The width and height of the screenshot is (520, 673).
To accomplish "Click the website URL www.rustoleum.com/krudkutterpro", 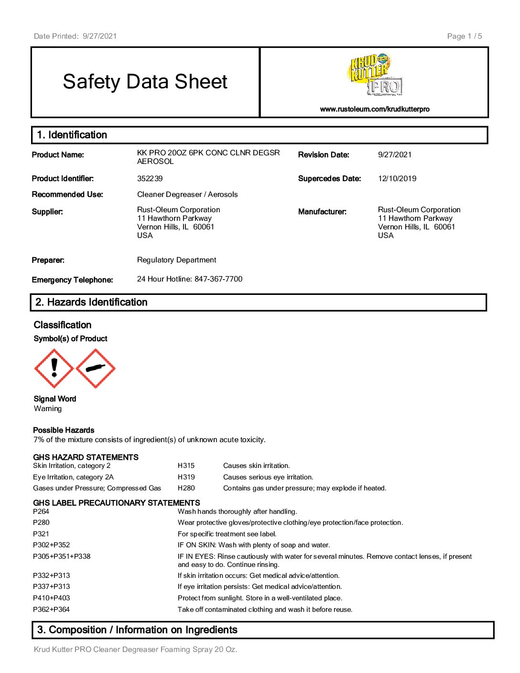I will click(375, 109).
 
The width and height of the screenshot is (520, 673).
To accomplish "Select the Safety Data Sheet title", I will click(145, 82).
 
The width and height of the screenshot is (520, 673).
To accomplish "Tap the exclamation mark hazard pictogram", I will click(54, 368).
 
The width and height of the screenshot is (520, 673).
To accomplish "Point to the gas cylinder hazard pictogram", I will click(96, 368).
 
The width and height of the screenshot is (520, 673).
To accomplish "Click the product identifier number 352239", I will click(150, 179).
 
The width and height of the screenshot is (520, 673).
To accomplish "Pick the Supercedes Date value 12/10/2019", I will click(397, 179).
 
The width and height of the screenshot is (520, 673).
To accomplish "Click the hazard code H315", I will click(186, 466).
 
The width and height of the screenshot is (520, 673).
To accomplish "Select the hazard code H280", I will click(186, 488).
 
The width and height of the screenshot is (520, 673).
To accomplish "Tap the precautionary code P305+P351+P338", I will click(62, 556).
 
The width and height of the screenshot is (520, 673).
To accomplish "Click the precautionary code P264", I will click(41, 511).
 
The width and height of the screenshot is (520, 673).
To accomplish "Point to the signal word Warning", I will click(48, 409).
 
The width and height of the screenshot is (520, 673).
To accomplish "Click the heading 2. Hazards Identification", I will click(91, 302).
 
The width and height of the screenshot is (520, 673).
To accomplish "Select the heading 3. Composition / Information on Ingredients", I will click(137, 630).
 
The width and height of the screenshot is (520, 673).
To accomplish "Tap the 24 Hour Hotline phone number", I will click(218, 279).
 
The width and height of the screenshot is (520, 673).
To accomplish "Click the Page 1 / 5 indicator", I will click(464, 36).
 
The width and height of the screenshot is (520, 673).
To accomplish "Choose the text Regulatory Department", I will click(176, 260).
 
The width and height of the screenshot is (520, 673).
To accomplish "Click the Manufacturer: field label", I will click(322, 212).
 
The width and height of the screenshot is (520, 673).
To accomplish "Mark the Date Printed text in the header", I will click(75, 36).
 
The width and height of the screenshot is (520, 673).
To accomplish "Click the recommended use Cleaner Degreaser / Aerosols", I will click(187, 195).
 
